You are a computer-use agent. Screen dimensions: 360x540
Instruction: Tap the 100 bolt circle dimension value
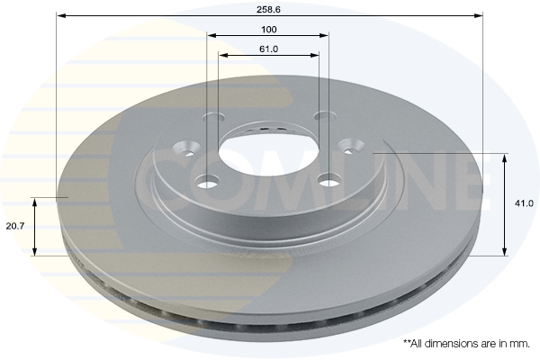coord(268,29)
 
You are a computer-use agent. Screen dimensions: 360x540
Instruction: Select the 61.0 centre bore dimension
coord(268,48)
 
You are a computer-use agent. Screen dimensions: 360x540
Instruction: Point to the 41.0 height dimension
coord(524,204)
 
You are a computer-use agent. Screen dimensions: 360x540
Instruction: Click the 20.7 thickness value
coord(14,226)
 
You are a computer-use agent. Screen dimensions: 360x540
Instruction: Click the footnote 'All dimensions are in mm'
coord(465,344)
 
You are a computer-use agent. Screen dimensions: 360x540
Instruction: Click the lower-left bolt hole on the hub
coord(208,183)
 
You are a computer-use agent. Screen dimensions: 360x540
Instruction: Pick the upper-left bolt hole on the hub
coord(214,116)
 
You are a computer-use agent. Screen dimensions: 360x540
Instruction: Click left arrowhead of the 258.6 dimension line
coord(59,15)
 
